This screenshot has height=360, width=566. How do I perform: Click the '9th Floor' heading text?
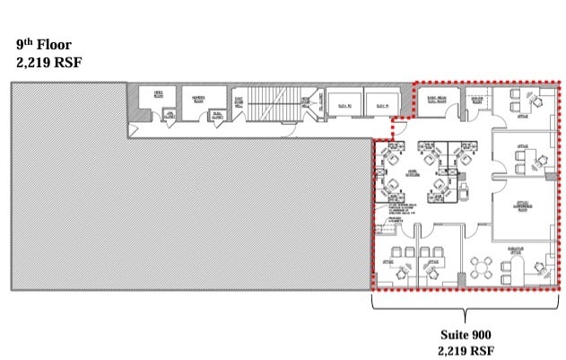click(x=40, y=44)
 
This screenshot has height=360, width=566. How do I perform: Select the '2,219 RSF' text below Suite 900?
click(x=465, y=350)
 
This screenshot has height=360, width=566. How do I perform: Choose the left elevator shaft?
click(x=344, y=104)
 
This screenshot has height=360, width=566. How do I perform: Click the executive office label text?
click(x=516, y=252)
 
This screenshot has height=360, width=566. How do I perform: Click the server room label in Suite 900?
click(x=477, y=101)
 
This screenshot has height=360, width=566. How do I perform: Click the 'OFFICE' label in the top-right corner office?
click(x=522, y=115)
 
